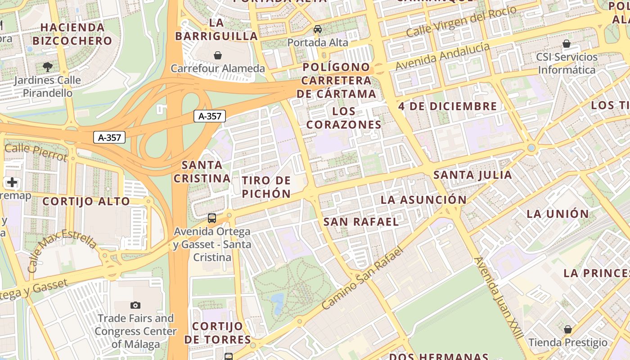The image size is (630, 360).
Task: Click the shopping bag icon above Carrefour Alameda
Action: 218,55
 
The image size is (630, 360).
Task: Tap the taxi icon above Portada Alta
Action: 318,29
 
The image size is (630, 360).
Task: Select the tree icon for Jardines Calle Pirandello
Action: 47,67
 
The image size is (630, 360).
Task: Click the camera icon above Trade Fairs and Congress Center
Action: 135,305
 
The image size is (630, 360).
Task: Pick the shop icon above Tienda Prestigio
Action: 568,329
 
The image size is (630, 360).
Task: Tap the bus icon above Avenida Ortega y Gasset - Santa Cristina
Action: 212,218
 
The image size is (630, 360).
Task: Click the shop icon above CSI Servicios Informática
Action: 567,44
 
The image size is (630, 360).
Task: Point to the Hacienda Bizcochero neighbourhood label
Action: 72,34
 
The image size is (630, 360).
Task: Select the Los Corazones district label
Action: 344,118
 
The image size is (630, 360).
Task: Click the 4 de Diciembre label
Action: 447,107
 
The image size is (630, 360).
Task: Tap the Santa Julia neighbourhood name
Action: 472,175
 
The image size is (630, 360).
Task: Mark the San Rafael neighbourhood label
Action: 361,222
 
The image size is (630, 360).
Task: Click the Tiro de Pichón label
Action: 266,187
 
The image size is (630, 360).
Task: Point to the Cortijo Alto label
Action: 86,201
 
